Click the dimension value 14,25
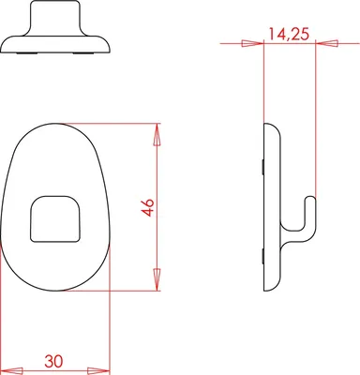tap(289, 34)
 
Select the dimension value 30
tap(53, 361)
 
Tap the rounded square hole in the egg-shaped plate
tap(55, 218)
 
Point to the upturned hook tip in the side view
tap(310, 200)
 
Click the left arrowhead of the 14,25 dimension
tap(252, 43)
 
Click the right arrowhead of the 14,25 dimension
tap(327, 43)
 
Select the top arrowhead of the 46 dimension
tap(157, 134)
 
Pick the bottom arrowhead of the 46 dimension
tap(157, 280)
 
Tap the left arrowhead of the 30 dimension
tap(12, 371)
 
